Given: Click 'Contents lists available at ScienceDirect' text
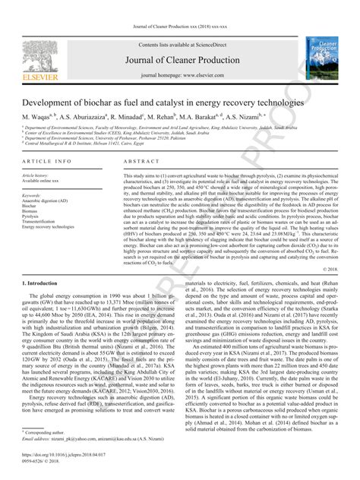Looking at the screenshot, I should pyautogui.click(x=179, y=46).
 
